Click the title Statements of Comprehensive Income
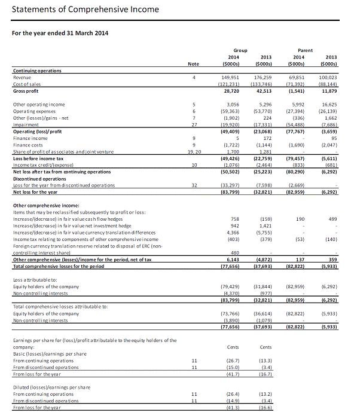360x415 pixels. tap(86, 9)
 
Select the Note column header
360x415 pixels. tap(193, 63)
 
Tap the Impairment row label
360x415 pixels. tap(26, 124)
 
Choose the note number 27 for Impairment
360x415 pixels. tap(194, 124)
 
